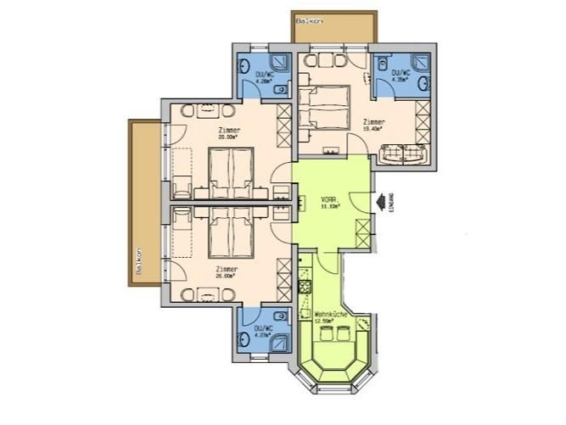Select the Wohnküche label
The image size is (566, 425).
(x=328, y=314)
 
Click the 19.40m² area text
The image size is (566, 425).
(x=372, y=129)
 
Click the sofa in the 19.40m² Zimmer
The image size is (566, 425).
(x=404, y=154)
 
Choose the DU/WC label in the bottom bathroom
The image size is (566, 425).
(x=262, y=329)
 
